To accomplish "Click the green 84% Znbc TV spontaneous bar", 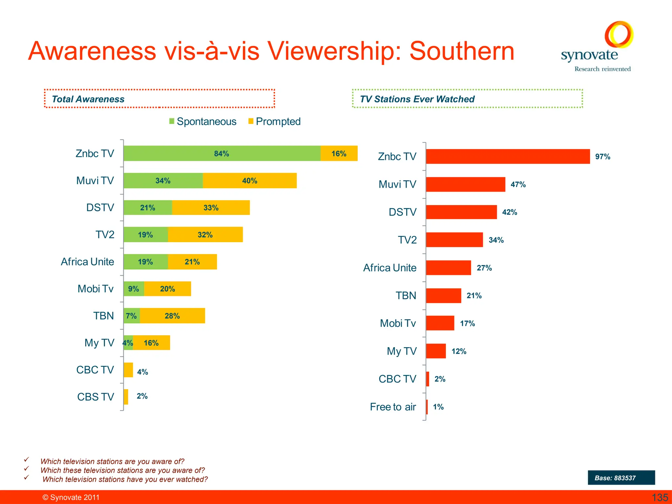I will pos(222,153).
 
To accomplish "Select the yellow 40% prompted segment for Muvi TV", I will pos(250,180).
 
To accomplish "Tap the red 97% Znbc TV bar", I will pos(508,157).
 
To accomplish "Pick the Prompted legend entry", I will pos(274,121).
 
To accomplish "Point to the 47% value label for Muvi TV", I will pos(518,184).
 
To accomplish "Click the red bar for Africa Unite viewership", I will pos(448,268).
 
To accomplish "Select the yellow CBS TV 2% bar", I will pos(126,397).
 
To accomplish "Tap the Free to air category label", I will pos(393,407).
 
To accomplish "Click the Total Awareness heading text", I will pos(88,99).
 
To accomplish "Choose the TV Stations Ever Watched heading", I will pos(417,99).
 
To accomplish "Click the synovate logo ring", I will pos(619,34).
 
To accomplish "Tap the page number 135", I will pos(660,497).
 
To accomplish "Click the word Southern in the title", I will pos(462,51).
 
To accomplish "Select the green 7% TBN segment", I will pos(132,316).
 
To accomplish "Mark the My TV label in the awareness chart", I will pos(99,343).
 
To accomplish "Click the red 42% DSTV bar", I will pos(461,212).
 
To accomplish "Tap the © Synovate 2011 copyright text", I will pos(71,497).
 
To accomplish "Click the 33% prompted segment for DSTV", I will pos(211,207).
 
